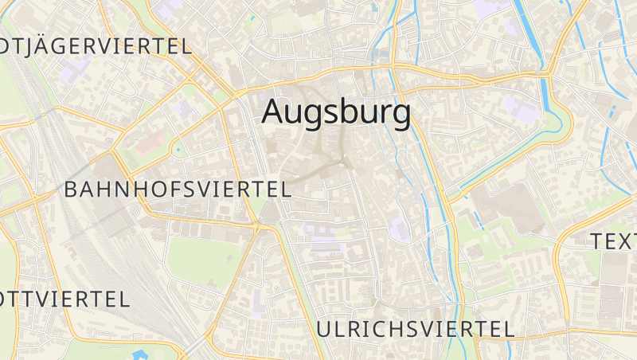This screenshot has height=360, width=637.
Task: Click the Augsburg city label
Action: point(336,112)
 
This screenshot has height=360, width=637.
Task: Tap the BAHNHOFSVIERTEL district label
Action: point(178,190)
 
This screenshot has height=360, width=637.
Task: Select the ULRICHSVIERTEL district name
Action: point(414,328)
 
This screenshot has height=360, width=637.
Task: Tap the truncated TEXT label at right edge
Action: point(613,241)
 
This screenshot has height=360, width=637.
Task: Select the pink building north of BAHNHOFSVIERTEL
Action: point(149,143)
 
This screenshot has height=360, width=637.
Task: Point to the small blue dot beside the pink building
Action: point(178,148)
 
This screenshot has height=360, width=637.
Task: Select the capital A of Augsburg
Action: point(274,112)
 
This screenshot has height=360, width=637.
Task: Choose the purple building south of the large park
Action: point(257,303)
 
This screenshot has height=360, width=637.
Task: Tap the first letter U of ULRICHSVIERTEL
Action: point(323,328)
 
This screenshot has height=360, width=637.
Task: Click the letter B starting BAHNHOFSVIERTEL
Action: point(70,190)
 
